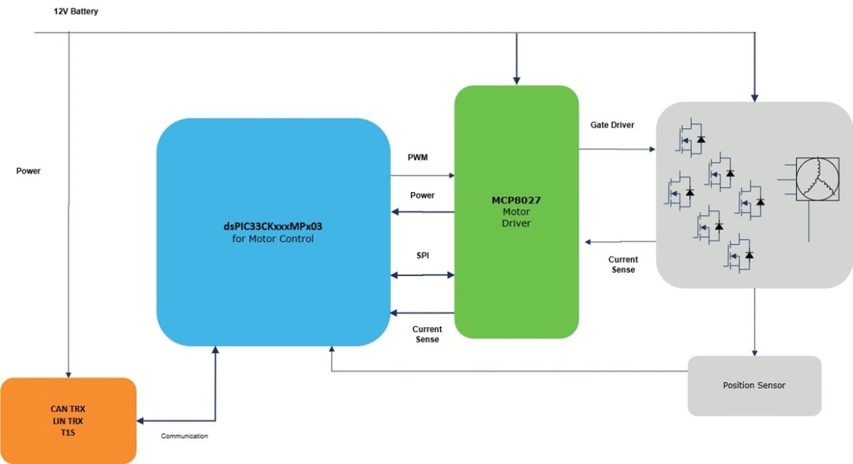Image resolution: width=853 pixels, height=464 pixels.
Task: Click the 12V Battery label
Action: pyautogui.click(x=76, y=12)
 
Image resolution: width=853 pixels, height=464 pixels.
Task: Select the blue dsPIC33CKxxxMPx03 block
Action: pyautogui.click(x=273, y=232)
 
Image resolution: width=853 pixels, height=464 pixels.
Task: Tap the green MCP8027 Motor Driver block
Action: pyautogui.click(x=516, y=211)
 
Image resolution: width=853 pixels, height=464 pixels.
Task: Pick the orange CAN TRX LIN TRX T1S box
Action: pyautogui.click(x=68, y=421)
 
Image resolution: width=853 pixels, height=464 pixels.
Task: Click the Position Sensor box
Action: pyautogui.click(x=754, y=385)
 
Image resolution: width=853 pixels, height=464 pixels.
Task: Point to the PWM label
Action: pyautogui.click(x=418, y=157)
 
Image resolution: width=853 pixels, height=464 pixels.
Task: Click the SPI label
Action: pyautogui.click(x=423, y=256)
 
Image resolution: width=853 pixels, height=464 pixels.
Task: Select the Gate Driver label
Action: pyautogui.click(x=612, y=125)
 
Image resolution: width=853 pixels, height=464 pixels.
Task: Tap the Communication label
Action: pyautogui.click(x=185, y=436)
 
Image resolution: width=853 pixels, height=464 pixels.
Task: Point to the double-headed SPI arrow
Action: pyautogui.click(x=423, y=274)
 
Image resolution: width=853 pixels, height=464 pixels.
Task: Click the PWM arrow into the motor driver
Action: pyautogui.click(x=423, y=176)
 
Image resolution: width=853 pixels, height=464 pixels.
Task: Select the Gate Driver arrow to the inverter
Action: pyautogui.click(x=617, y=150)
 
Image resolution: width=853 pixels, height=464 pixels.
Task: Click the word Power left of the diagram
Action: pyautogui.click(x=29, y=171)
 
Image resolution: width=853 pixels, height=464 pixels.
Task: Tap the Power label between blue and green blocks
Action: pyautogui.click(x=423, y=195)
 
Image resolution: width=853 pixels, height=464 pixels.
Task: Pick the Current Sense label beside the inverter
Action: pyautogui.click(x=623, y=264)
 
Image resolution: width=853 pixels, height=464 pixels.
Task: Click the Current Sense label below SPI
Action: pyautogui.click(x=427, y=334)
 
